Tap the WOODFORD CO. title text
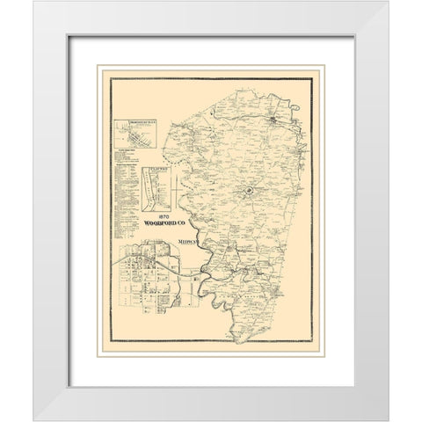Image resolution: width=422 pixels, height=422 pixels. pos(157,224)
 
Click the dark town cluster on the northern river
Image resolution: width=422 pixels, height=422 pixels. pos(274,114)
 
